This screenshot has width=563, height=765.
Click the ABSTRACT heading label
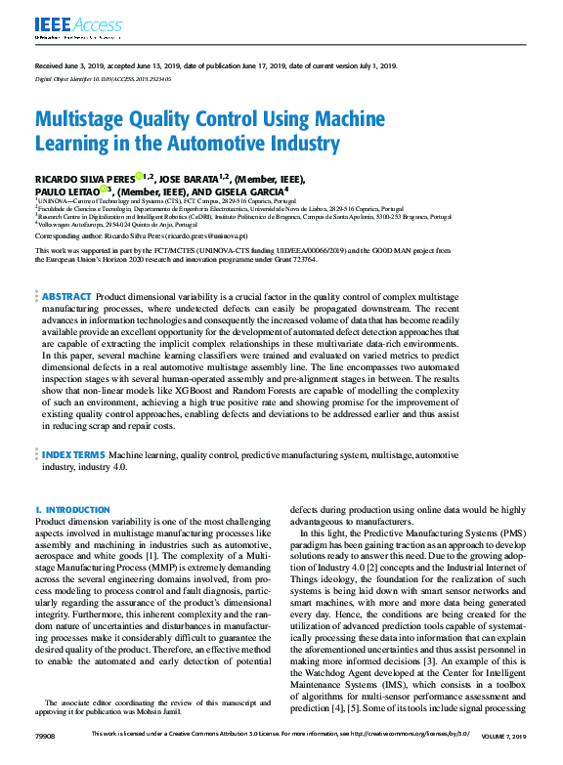[x=67, y=268]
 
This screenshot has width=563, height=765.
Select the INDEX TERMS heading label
[x=71, y=455]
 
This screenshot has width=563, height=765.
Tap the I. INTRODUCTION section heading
[x=72, y=510]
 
